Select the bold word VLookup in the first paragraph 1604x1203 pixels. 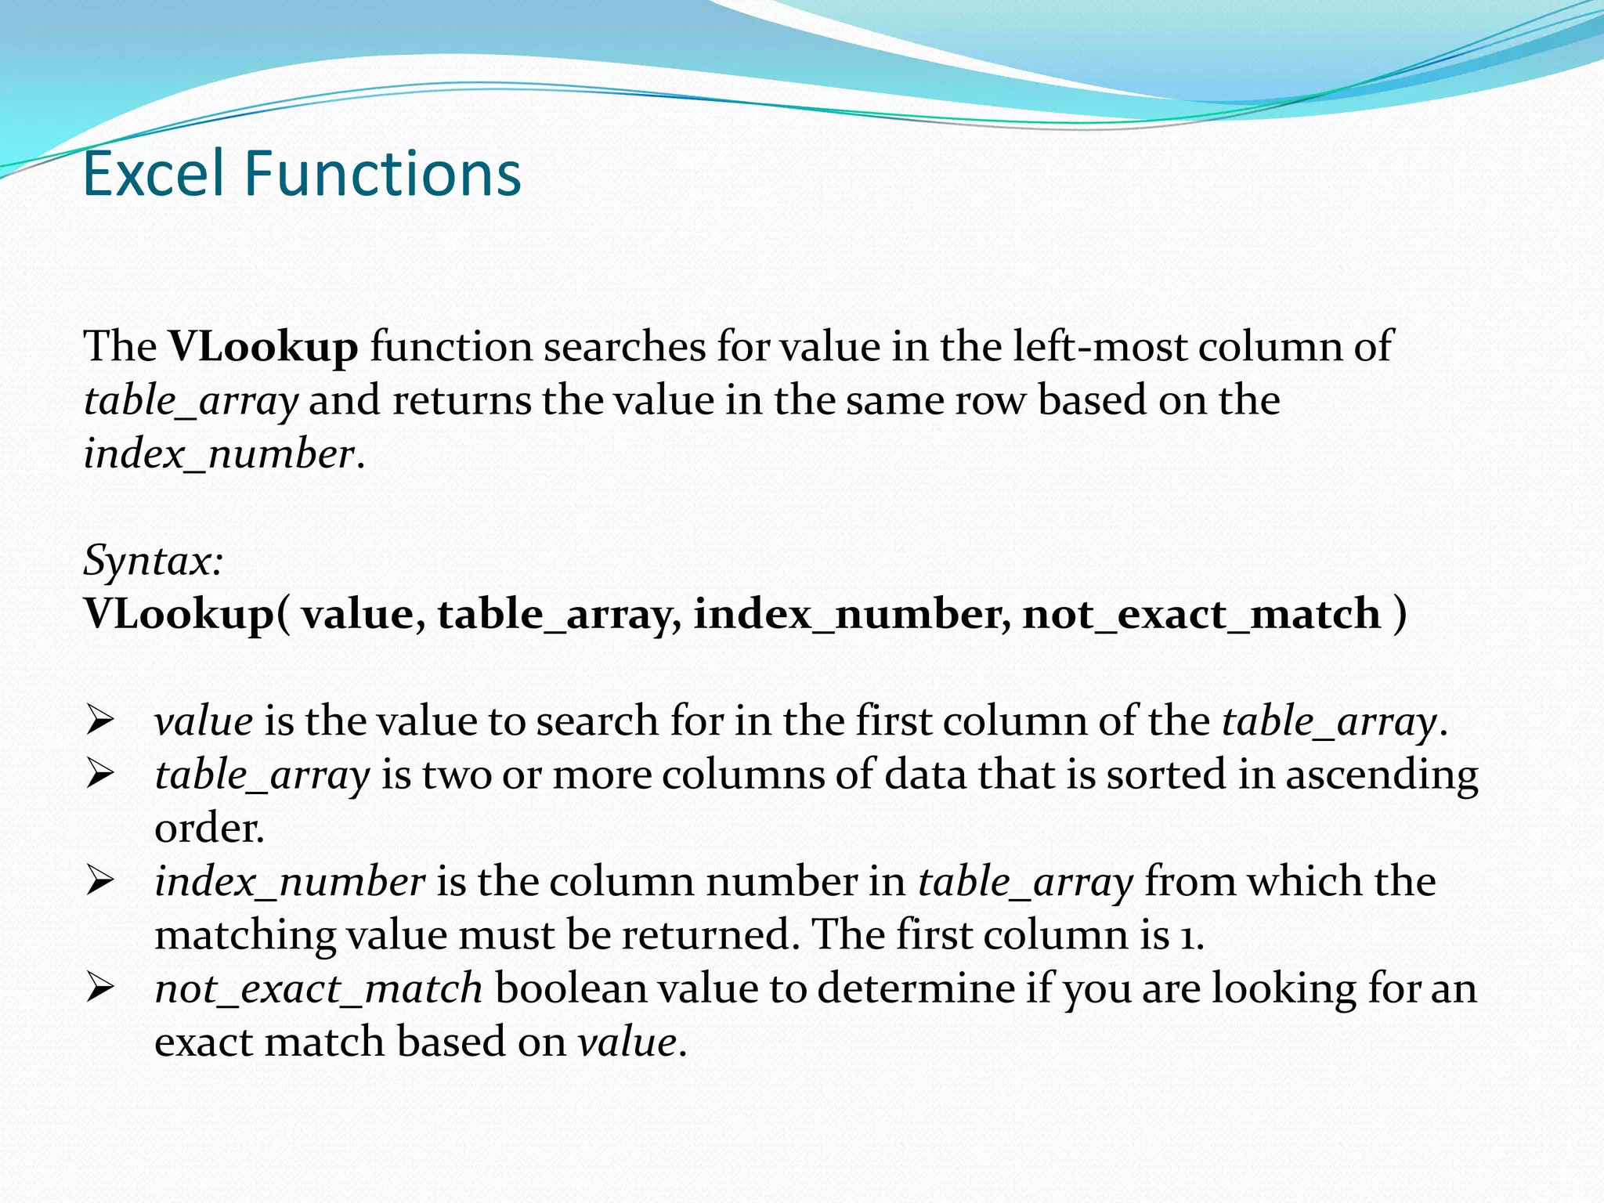coord(263,347)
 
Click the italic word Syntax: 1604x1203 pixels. coord(154,562)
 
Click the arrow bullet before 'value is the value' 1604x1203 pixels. coord(100,721)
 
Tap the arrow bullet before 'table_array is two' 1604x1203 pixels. coord(100,775)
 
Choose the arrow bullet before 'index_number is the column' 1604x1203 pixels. coord(100,883)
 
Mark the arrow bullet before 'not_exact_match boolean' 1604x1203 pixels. coord(100,989)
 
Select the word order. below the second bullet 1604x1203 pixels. coord(209,829)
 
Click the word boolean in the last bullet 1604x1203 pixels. coord(570,989)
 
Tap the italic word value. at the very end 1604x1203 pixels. coord(632,1043)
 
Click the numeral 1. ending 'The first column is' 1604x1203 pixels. coord(1192,936)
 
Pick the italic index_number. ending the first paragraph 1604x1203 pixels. coord(224,454)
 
